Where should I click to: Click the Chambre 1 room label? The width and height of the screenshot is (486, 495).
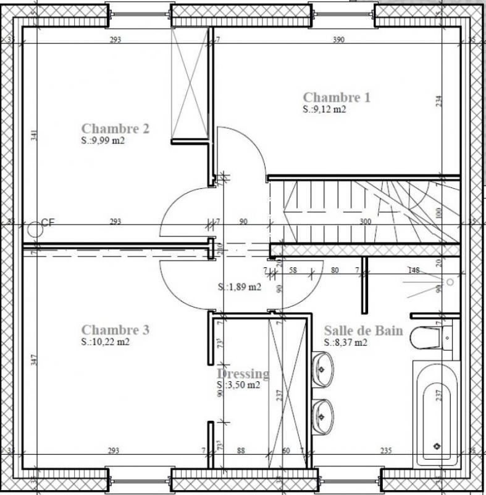tap(337, 97)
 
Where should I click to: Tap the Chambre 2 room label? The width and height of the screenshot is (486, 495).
tap(115, 129)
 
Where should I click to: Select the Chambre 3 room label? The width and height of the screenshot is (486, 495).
tap(115, 330)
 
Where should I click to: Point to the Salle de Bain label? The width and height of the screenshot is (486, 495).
tap(363, 330)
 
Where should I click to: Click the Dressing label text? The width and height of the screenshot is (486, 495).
tap(243, 374)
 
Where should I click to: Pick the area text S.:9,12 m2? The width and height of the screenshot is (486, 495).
tap(324, 110)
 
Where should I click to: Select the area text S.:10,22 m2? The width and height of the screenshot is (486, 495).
tap(106, 342)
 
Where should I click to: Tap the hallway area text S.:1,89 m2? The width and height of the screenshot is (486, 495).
tap(239, 287)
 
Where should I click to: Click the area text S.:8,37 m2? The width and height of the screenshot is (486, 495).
tap(346, 342)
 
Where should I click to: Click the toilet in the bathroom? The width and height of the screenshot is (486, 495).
tap(430, 338)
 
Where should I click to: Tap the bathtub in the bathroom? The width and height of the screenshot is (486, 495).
tap(437, 413)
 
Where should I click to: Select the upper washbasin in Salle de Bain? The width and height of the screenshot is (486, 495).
tap(323, 369)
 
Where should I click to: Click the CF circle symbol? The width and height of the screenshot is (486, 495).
tap(36, 228)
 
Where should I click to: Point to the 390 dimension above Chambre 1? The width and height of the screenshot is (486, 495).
tap(338, 40)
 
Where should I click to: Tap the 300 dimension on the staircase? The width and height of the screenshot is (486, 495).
tap(366, 222)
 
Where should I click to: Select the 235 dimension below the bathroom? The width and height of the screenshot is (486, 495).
tap(386, 451)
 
